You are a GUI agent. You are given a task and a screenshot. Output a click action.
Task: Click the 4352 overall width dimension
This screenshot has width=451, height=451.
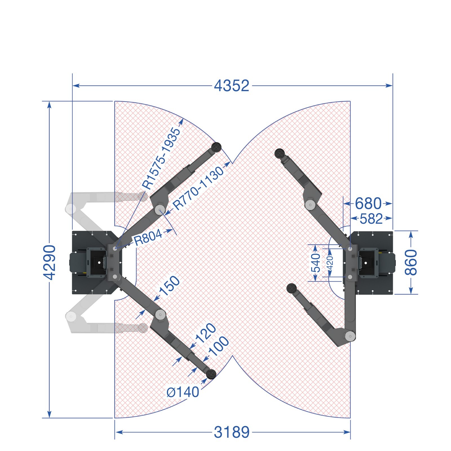click(231, 86)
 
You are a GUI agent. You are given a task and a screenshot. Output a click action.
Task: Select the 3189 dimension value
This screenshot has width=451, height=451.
click(232, 432)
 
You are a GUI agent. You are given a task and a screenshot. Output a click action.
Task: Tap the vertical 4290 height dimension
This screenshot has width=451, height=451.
click(50, 262)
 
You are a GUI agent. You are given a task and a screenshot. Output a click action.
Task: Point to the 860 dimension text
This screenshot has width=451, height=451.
click(411, 262)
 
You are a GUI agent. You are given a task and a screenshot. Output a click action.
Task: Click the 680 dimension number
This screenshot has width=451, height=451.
click(368, 204)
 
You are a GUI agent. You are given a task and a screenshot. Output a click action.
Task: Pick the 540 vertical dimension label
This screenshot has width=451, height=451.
click(316, 263)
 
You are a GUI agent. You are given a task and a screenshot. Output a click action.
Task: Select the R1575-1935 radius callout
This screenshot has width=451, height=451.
click(161, 158)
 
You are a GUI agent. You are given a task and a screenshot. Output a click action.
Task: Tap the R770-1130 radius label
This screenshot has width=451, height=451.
click(198, 188)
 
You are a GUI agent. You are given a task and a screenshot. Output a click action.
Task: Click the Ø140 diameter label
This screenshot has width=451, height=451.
click(183, 392)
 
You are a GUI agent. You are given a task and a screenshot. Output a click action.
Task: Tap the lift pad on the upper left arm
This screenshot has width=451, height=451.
click(216, 147)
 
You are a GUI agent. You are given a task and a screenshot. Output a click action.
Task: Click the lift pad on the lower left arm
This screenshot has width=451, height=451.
click(211, 374)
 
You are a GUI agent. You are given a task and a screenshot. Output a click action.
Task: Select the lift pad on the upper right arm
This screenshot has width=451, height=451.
click(280, 153)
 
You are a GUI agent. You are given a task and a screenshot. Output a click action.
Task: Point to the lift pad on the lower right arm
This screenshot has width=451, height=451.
click(291, 288)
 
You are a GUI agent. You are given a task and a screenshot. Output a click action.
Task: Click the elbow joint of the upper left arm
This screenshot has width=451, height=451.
click(160, 210)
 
